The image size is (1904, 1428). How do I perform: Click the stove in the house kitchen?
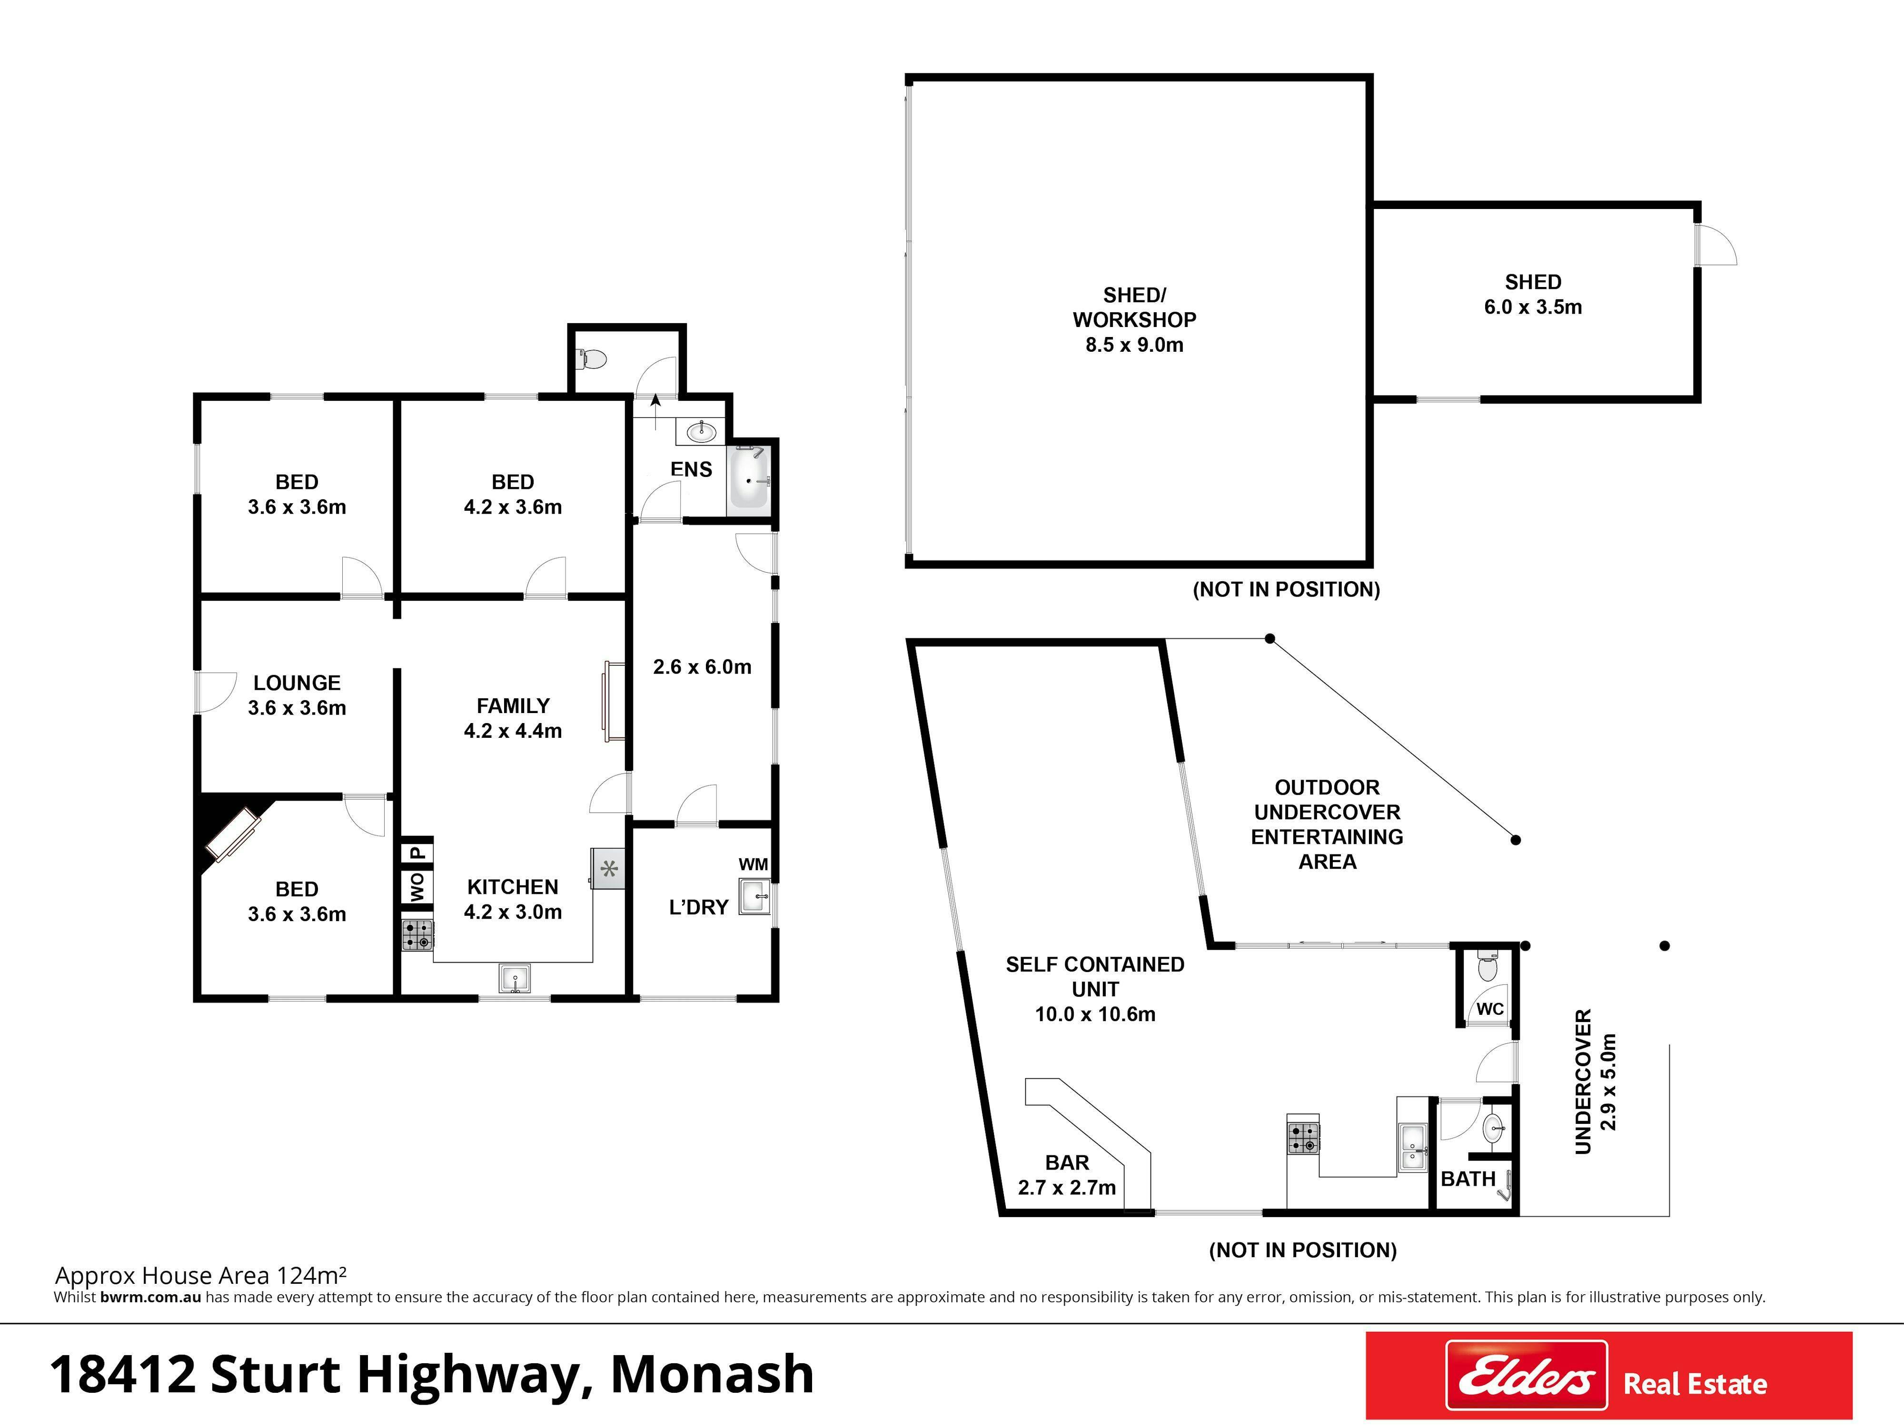coord(417,935)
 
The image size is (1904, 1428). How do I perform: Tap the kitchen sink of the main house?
coord(515,978)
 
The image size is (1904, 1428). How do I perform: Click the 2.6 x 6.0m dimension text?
coord(703,667)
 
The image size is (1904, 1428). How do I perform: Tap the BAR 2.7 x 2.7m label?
coord(1067,1175)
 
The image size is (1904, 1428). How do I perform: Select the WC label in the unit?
coord(1490,1009)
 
